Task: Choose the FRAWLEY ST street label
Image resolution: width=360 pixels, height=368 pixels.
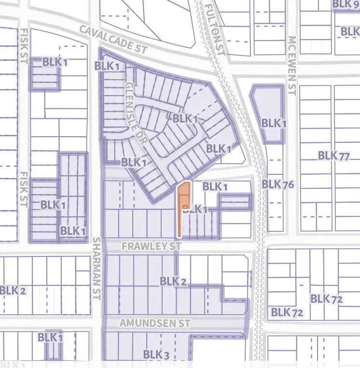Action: pos(151,246)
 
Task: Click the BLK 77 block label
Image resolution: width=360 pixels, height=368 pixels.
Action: pos(333,156)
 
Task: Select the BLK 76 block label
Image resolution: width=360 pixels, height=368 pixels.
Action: pos(277,184)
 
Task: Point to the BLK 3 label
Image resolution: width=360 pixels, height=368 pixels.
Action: pos(156,355)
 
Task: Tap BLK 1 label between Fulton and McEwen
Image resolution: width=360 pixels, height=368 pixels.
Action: pos(274,124)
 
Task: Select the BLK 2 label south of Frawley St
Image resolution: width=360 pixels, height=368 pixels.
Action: pos(173,281)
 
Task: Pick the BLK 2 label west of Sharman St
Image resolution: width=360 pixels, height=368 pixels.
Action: pos(13,291)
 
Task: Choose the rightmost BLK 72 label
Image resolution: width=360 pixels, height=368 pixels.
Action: pos(326,299)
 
